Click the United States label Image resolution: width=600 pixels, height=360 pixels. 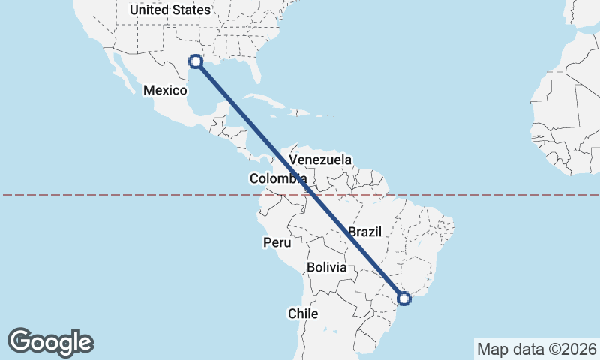170,10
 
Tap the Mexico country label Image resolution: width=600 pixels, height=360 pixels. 165,90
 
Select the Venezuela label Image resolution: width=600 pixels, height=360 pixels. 320,160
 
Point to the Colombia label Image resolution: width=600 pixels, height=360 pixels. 277,178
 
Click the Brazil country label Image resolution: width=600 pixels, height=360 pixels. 366,232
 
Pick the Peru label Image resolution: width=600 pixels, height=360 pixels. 276,242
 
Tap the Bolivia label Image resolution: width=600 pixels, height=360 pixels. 327,267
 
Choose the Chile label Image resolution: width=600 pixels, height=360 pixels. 303,313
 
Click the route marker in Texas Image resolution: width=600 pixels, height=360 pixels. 196,61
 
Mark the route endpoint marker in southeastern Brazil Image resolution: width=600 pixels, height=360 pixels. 404,298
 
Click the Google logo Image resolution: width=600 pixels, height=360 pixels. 50,342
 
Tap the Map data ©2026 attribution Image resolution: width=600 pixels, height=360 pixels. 536,349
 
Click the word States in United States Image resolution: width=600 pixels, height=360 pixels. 190,10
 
